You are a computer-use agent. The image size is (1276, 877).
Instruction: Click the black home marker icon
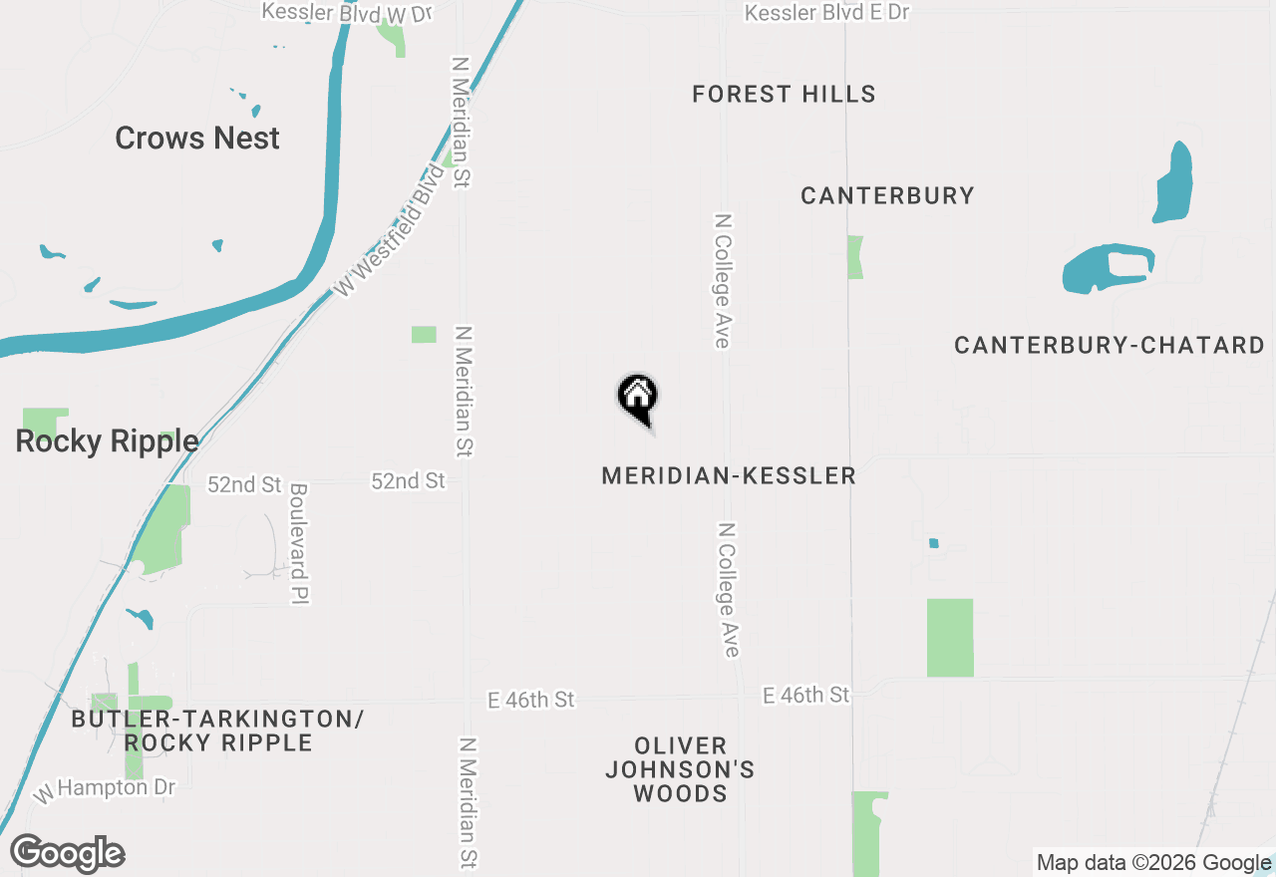(x=638, y=398)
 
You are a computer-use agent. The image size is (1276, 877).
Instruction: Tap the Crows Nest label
(x=197, y=138)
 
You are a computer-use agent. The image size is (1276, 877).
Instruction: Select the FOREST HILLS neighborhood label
(x=784, y=95)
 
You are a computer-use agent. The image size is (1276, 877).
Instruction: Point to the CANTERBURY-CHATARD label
(x=1109, y=346)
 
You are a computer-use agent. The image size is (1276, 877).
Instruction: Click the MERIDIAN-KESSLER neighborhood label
(x=729, y=476)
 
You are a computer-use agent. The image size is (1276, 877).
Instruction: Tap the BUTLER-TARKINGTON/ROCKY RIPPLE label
(x=217, y=731)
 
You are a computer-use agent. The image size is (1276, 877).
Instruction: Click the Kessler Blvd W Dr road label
(x=347, y=13)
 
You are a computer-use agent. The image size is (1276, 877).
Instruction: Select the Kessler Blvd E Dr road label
(x=826, y=13)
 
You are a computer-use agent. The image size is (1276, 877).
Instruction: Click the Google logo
(x=68, y=853)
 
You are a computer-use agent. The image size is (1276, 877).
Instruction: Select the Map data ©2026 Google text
(x=1153, y=863)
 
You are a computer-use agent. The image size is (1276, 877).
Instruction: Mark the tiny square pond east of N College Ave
(x=934, y=543)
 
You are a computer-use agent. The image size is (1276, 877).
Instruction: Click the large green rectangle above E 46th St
(x=950, y=638)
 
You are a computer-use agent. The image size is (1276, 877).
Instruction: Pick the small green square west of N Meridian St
(x=424, y=335)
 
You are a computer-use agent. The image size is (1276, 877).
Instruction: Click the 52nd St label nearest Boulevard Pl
(x=244, y=484)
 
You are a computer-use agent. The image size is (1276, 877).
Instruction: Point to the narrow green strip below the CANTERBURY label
(x=855, y=257)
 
